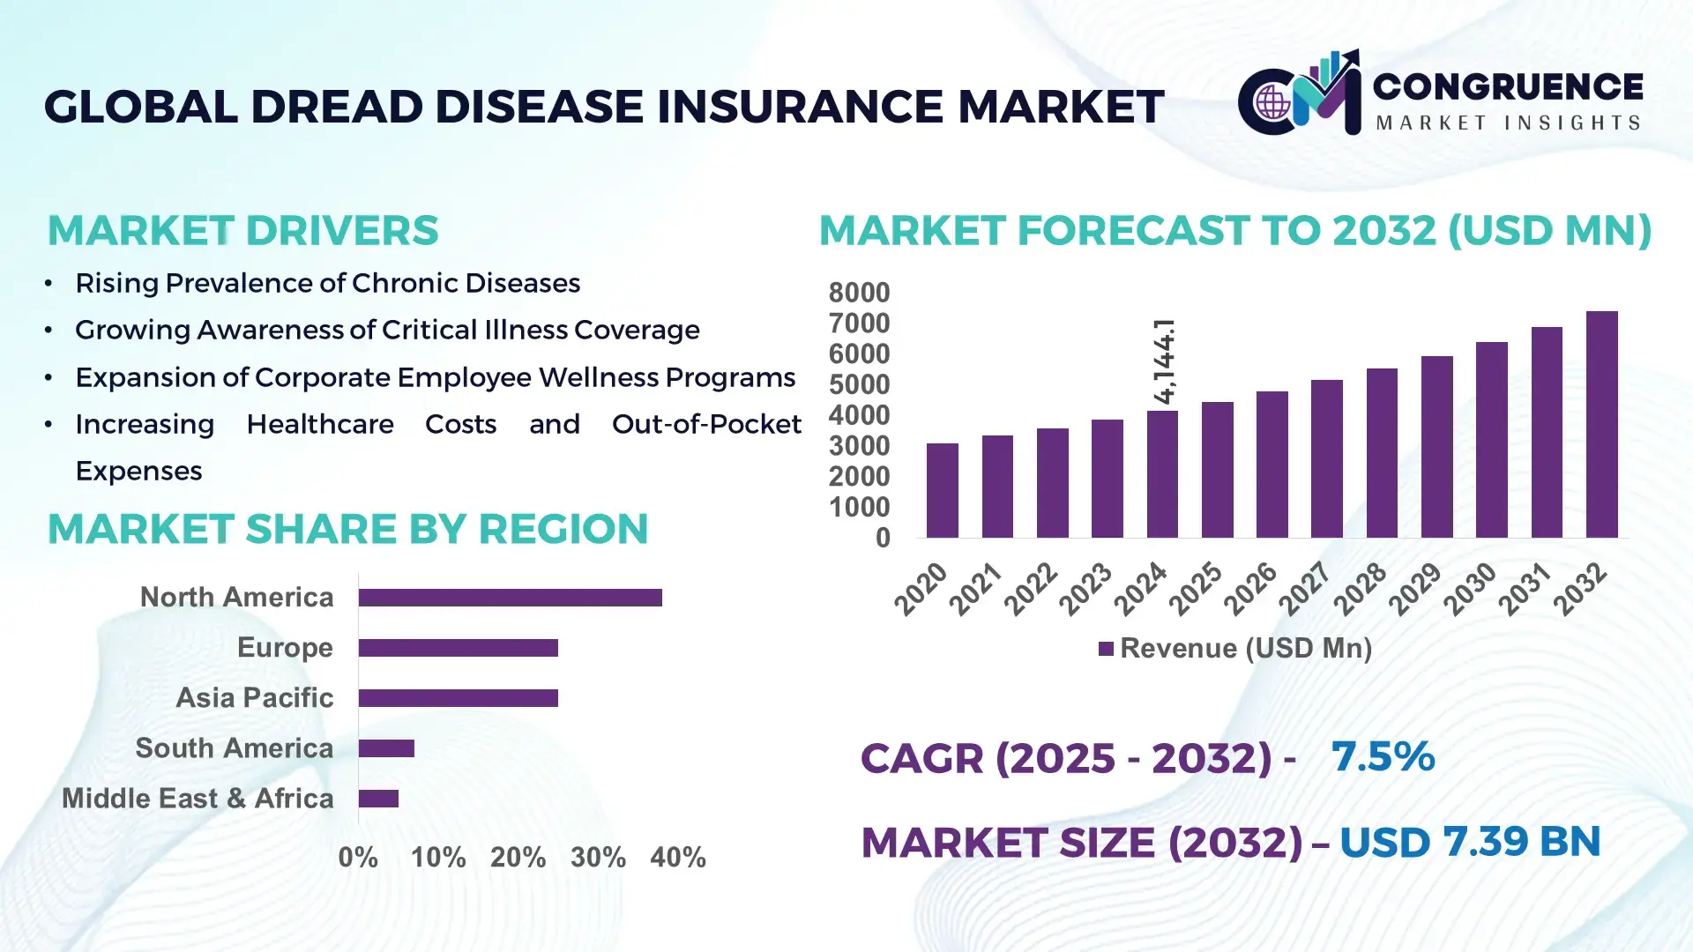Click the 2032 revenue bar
click(1601, 425)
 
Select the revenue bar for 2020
click(942, 490)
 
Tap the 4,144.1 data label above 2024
click(1164, 361)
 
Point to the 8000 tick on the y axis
click(859, 293)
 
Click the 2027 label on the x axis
click(1305, 588)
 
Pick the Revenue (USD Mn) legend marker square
click(1106, 650)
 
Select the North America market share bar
click(510, 598)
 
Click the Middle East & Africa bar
click(378, 799)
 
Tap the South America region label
click(234, 748)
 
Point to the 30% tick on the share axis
click(598, 858)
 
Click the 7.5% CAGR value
click(1383, 756)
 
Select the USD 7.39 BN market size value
click(1469, 842)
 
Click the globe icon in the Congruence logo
click(1272, 102)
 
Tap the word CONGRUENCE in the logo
click(1508, 86)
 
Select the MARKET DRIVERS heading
click(242, 231)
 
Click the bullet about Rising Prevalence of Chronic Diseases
click(327, 283)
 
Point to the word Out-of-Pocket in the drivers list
click(706, 424)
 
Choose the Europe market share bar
click(458, 648)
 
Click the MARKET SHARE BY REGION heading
click(347, 529)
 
